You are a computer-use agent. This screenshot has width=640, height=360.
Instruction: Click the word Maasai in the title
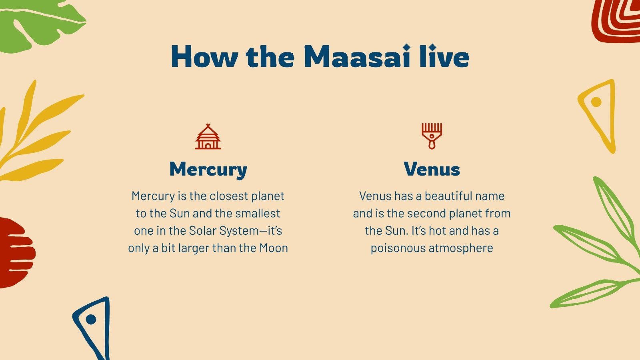click(357, 57)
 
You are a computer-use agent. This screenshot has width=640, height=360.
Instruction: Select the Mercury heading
click(208, 169)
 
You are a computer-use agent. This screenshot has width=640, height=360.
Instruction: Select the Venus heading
click(432, 169)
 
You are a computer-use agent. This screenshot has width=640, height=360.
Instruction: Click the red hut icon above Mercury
click(208, 137)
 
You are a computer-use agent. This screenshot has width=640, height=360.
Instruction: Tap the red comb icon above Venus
click(432, 136)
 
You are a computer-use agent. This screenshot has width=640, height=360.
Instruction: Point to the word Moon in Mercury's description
click(274, 248)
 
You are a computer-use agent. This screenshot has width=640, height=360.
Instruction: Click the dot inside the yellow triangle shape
click(596, 102)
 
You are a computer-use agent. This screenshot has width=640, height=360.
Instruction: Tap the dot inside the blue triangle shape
click(91, 319)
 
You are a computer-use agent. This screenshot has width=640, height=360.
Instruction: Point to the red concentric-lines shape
click(618, 20)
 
